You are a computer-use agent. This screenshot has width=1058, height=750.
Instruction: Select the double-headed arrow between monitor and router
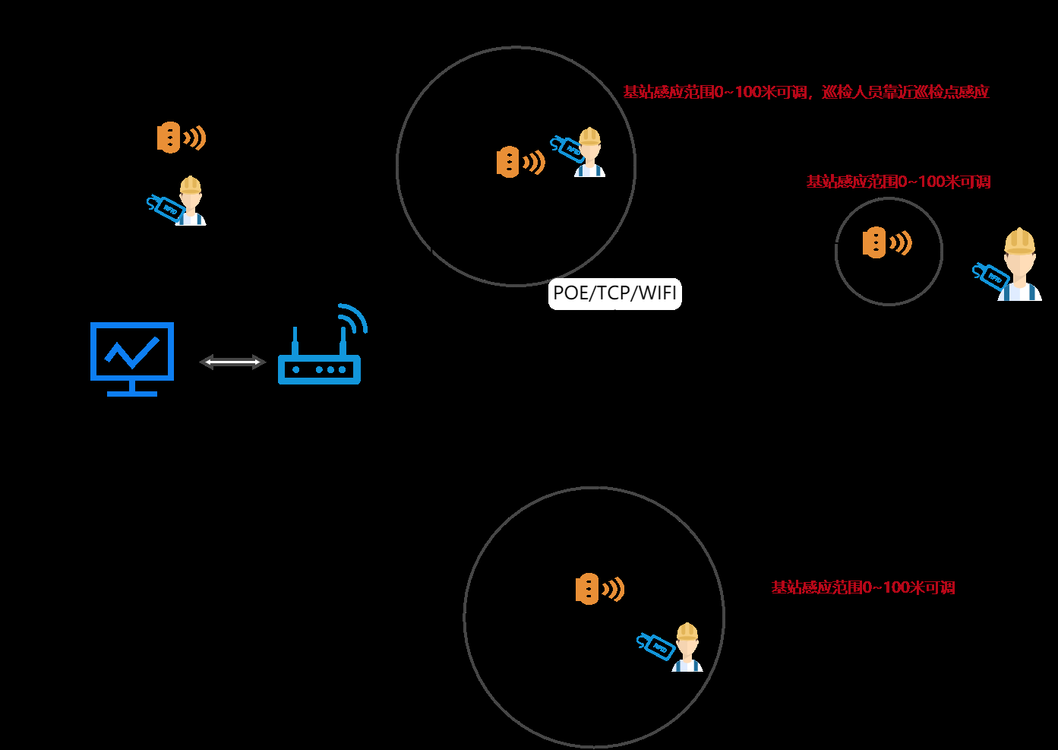click(232, 362)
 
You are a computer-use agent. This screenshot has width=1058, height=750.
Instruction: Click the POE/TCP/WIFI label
click(614, 293)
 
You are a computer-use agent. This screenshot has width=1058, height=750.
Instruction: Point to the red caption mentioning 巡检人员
click(806, 92)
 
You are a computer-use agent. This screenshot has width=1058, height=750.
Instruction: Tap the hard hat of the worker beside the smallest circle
click(1019, 240)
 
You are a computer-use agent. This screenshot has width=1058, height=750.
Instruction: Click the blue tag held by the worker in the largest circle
click(655, 646)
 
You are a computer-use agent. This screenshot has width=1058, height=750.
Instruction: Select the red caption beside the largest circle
click(863, 587)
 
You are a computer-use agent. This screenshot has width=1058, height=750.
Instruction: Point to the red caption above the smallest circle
click(899, 182)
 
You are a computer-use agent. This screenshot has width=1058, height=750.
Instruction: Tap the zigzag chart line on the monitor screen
click(132, 351)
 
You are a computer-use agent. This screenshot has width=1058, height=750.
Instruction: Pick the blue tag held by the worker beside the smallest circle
click(990, 277)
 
